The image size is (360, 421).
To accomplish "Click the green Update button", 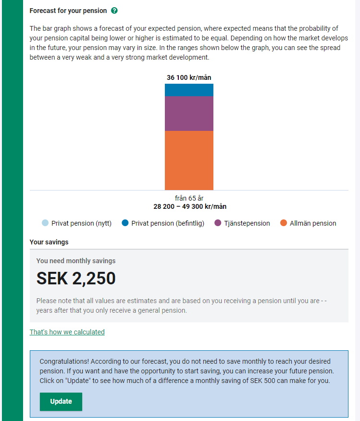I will pos(61,402).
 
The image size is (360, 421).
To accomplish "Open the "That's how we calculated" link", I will pos(67,332).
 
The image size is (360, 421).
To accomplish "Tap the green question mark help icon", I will pos(114,11).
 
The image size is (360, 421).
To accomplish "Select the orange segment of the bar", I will pos(189,160).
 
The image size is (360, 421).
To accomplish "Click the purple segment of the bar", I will pos(189,114).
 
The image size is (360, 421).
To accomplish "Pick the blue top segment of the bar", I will pos(189,90).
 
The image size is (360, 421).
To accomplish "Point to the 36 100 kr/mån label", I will pos(189,77).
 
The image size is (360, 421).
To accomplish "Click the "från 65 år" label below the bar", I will pos(189,198).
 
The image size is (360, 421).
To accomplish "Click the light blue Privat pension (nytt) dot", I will pos(45,223).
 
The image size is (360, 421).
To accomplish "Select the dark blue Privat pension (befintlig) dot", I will pos(125,223).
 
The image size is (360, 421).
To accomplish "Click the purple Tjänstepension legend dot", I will pos(218,223).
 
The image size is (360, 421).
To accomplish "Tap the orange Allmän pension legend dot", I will pos(284,223).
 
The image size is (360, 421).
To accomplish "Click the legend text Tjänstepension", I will pos(247,223).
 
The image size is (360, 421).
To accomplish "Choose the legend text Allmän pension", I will pos(313,223).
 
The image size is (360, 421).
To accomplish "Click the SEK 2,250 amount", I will pos(76,279).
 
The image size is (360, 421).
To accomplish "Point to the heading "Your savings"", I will pos(49,242).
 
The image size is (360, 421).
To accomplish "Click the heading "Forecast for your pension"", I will pos(68,11).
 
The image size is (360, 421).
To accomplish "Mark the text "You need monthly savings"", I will pos(76,261).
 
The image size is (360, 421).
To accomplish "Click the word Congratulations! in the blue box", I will pos(64,361).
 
